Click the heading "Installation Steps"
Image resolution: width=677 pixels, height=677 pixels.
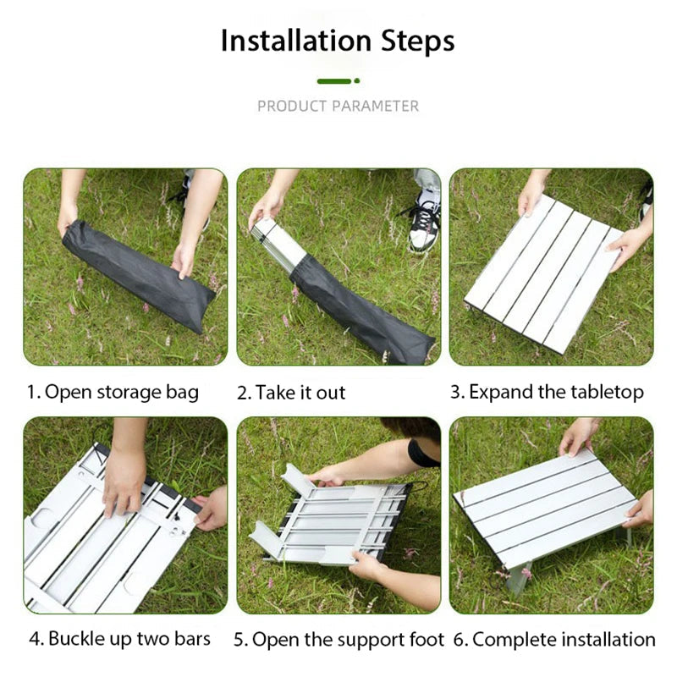tap(338, 41)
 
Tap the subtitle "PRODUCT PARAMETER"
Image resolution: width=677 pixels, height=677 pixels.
tap(338, 106)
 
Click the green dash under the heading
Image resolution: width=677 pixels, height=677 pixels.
tap(333, 80)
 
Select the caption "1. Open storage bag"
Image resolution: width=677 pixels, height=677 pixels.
tap(113, 392)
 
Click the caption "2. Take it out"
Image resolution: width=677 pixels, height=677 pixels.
tap(291, 393)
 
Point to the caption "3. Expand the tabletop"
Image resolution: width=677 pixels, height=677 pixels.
tap(547, 392)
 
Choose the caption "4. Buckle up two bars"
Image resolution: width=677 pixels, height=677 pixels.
tap(119, 638)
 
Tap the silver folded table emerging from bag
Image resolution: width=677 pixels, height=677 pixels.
tap(279, 242)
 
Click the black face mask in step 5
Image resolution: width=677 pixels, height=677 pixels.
tap(422, 454)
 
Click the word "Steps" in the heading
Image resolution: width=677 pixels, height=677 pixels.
tap(416, 41)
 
